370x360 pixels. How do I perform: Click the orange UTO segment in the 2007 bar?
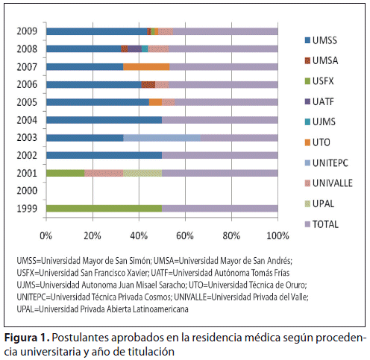pos(146,67)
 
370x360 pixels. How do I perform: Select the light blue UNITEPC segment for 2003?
pos(162,138)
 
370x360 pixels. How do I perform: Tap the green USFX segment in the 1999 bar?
pos(104,209)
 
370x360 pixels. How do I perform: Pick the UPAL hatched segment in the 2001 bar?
pos(142,173)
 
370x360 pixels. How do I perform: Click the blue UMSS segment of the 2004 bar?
pos(104,120)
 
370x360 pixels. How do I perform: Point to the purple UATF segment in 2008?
pos(134,49)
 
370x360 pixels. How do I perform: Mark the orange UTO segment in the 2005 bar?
pos(155,102)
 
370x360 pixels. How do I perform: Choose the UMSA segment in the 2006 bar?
pos(148,85)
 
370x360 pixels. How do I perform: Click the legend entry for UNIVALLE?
pos(329,183)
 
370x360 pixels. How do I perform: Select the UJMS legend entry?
pos(320,121)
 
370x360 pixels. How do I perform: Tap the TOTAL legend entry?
pos(322,224)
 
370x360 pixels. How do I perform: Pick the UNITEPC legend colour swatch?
pos(307,163)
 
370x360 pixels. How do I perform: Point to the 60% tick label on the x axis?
pos(185,236)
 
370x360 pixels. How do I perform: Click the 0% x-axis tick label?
pos(46,236)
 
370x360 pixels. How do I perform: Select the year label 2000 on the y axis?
pos(27,191)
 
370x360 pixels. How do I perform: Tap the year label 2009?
pos(27,31)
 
